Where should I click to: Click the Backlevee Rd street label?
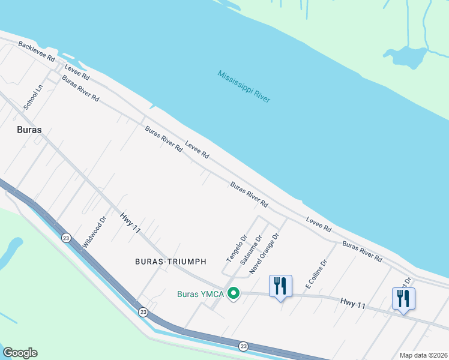coord(36,52)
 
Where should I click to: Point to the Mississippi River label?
coord(244,86)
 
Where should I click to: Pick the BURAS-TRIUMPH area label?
coord(170,262)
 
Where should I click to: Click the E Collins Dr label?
coord(316,274)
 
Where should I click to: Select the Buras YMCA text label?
coord(200,294)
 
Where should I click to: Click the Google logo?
coord(20,353)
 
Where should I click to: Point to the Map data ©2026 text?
coord(423,355)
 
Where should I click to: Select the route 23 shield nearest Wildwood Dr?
coord(65,238)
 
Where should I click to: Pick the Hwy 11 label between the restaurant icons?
coord(353,304)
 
